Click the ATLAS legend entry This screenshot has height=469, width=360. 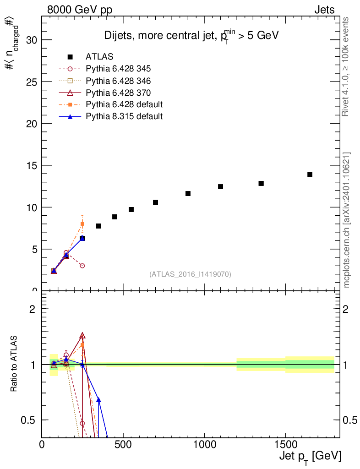pos(99,57)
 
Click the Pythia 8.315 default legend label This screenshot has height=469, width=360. pos(124,116)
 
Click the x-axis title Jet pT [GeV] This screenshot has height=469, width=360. pos(310,457)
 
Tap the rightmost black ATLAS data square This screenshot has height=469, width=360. pos(310,174)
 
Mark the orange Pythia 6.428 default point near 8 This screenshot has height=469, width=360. pos(82,224)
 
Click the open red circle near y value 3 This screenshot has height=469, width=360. pos(82,266)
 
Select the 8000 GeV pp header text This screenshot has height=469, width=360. pos(80,10)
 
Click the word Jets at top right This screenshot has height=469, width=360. pos(324,10)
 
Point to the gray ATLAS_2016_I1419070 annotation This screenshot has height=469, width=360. pos(190,274)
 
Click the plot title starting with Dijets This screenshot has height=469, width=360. pos(191,35)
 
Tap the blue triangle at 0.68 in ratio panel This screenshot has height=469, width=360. pos(98,400)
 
